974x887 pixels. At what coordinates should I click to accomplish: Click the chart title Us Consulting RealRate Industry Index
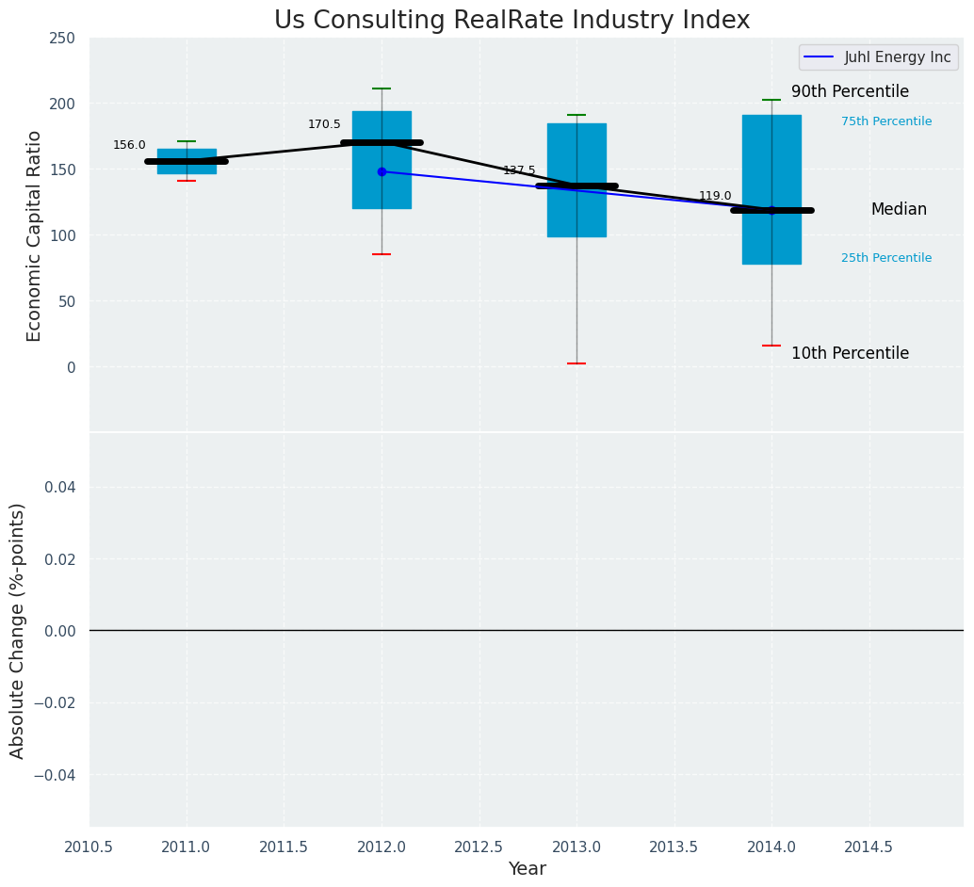[511, 21]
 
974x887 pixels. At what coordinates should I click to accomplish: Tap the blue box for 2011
[187, 161]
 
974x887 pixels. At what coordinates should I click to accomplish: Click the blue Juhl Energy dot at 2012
[381, 171]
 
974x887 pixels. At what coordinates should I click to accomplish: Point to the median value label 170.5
[324, 124]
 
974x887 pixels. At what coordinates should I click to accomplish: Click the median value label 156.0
[129, 145]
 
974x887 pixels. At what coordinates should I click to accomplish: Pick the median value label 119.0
[715, 196]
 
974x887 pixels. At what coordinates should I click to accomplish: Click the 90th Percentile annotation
[850, 92]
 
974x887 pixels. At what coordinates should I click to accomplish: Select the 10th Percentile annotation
[850, 354]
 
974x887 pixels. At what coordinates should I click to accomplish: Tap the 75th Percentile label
[886, 121]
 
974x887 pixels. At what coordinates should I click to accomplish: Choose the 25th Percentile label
[886, 258]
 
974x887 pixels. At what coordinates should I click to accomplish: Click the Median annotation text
[899, 210]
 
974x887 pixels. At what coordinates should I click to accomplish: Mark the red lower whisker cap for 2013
[576, 363]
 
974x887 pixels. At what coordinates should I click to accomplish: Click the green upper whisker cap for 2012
[381, 89]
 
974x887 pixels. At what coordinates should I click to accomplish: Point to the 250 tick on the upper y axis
[62, 39]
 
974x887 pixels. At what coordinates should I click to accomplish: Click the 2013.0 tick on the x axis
[576, 847]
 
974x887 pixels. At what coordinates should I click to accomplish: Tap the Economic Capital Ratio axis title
[35, 235]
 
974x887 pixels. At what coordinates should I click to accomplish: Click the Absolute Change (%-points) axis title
[18, 630]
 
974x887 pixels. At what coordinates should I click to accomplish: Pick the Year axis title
[527, 869]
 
